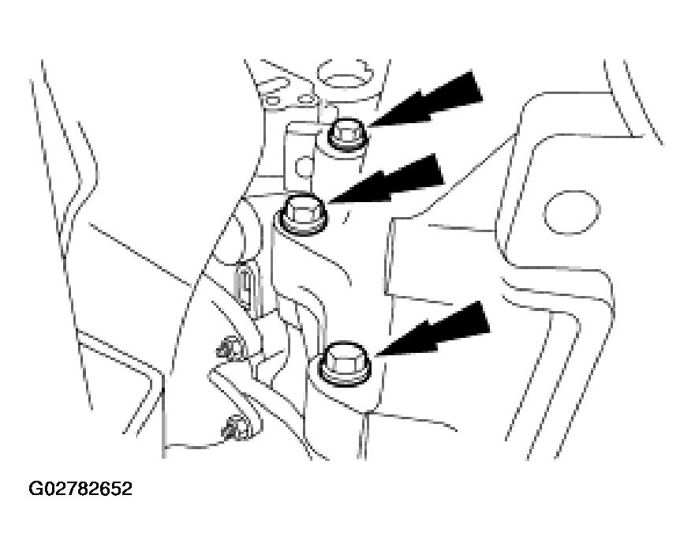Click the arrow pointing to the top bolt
click(424, 99)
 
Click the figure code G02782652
click(80, 489)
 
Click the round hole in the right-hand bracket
click(571, 213)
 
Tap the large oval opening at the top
click(345, 73)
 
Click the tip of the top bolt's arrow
click(368, 127)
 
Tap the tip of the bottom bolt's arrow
click(375, 356)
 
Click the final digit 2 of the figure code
click(127, 489)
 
